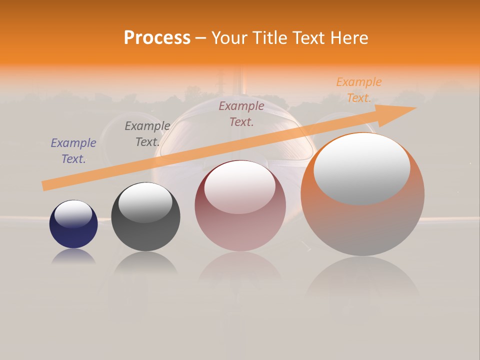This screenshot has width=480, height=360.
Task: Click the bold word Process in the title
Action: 157,38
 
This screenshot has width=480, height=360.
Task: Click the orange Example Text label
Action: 358,90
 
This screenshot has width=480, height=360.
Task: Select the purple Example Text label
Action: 73,151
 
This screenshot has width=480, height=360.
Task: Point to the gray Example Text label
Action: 147,134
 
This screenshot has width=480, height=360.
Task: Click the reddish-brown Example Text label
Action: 241,113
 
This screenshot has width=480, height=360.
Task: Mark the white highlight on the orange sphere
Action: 362,168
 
